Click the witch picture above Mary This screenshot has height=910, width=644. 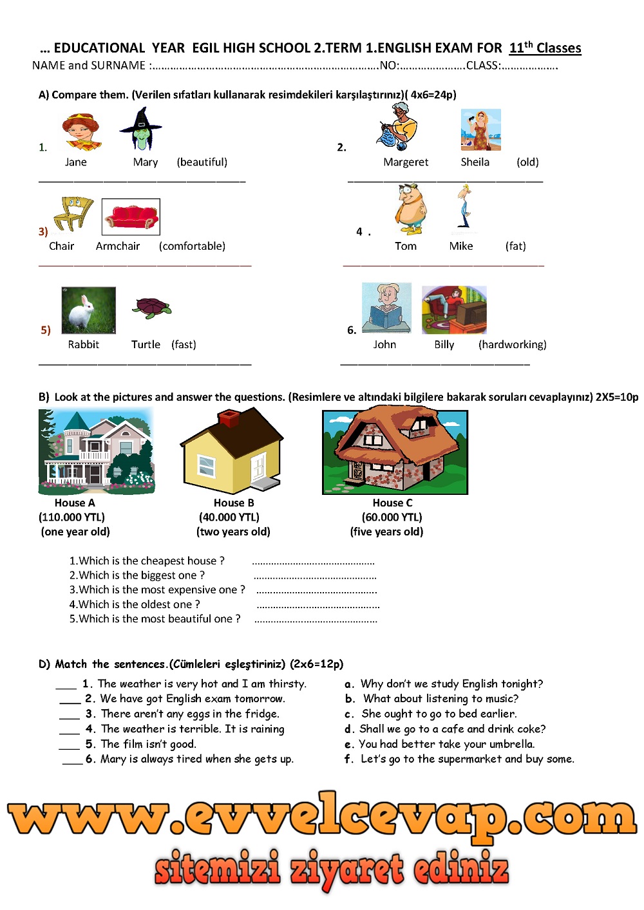(x=141, y=129)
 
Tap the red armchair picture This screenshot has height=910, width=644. (x=131, y=217)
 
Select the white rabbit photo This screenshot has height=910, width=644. (x=88, y=310)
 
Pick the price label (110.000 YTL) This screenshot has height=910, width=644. (x=71, y=517)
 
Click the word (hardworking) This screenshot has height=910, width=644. (x=512, y=344)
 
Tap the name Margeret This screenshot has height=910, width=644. (x=406, y=162)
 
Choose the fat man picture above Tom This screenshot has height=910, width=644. (x=410, y=209)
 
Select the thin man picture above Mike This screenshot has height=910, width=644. (x=464, y=207)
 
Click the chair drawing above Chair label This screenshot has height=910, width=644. (x=73, y=213)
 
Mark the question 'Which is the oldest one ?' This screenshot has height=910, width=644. (x=135, y=604)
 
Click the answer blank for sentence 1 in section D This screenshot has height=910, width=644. (x=66, y=685)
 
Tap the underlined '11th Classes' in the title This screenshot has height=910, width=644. (x=545, y=48)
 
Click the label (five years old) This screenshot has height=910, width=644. (x=386, y=532)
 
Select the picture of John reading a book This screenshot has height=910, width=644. (x=386, y=308)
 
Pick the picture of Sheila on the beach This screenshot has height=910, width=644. (x=480, y=130)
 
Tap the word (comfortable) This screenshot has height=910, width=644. (x=192, y=246)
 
